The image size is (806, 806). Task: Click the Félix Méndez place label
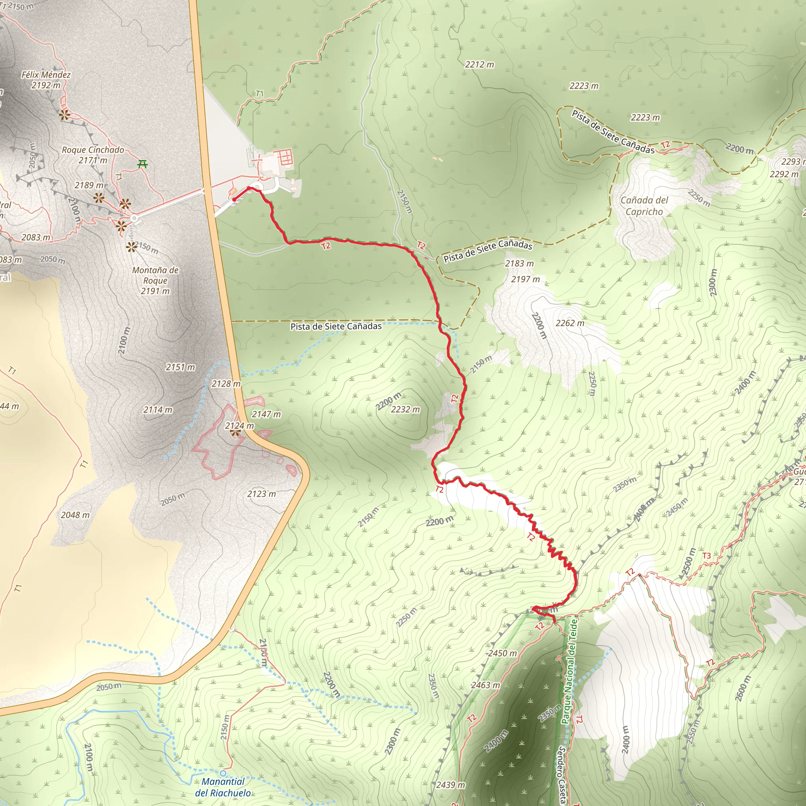coord(46,79)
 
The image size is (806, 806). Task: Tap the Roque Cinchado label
coord(92,155)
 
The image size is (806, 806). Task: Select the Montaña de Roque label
coord(155,280)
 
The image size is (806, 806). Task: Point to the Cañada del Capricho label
coord(644,206)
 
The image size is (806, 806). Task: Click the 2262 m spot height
coord(570,323)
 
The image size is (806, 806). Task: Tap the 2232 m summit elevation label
coord(405,409)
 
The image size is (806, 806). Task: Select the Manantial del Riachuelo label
coord(223,787)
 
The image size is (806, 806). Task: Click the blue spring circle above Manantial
coord(224,773)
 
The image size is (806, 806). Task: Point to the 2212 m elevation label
coord(479,64)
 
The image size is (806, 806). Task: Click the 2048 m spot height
coord(75,515)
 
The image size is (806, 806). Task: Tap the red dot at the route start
coord(235,200)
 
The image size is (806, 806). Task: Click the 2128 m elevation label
coord(226,383)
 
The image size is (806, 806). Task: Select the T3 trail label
coord(706,556)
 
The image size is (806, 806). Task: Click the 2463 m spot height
coord(486,685)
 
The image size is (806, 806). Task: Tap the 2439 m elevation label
coord(450,785)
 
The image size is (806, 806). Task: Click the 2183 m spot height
coord(519,263)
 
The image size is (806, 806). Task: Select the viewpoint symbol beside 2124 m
coord(235,433)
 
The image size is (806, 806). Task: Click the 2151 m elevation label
coord(180,367)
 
